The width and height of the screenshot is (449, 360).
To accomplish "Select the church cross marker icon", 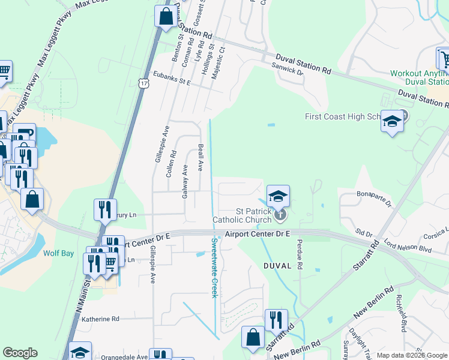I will click(x=279, y=214).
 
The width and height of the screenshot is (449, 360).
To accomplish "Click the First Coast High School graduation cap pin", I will click(x=392, y=122).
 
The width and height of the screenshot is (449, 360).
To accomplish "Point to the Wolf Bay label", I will click(x=59, y=253).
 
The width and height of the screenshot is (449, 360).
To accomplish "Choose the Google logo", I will click(x=20, y=353).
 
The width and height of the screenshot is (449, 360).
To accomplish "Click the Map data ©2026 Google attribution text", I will click(x=412, y=355).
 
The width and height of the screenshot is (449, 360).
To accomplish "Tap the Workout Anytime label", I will click(x=418, y=73).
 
